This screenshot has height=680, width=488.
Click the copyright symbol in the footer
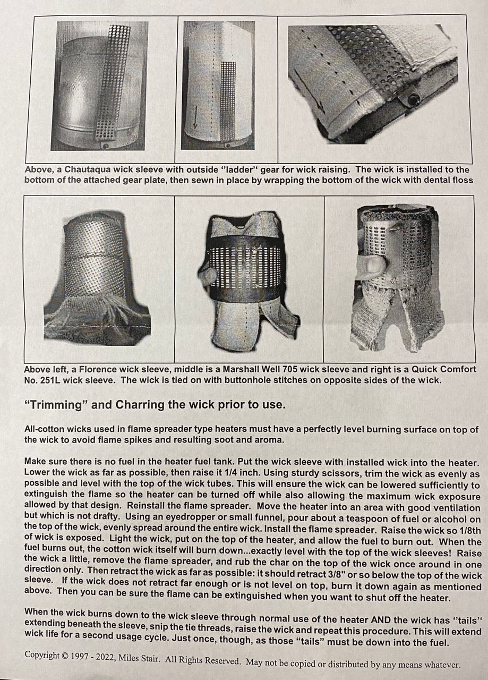65,656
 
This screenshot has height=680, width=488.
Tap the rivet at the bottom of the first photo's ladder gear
106,146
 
